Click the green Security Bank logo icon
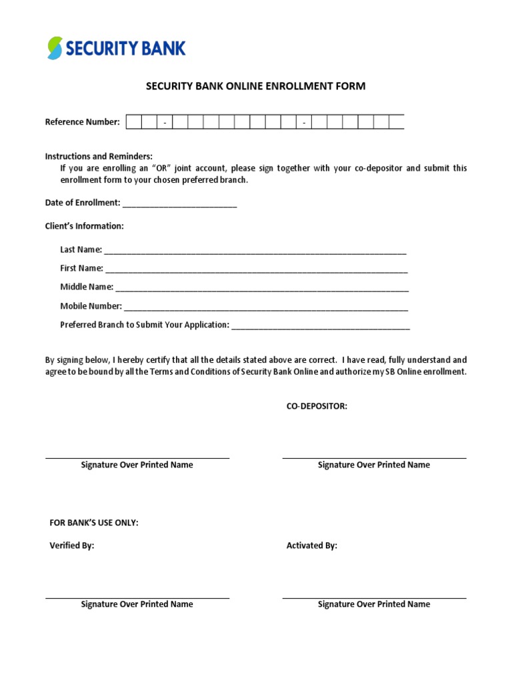pyautogui.click(x=55, y=48)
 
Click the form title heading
pyautogui.click(x=256, y=86)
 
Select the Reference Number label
pyautogui.click(x=82, y=122)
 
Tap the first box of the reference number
pyautogui.click(x=133, y=122)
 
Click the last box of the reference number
pyautogui.click(x=397, y=122)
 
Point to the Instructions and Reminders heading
pyautogui.click(x=99, y=156)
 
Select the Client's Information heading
pyautogui.click(x=84, y=226)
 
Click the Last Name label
pyautogui.click(x=81, y=249)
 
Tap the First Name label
pyautogui.click(x=81, y=268)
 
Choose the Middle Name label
pyautogui.click(x=87, y=287)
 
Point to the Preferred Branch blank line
pyautogui.click(x=320, y=326)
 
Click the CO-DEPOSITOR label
pyautogui.click(x=317, y=406)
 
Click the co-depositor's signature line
pyautogui.click(x=374, y=458)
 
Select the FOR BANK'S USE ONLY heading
pyautogui.click(x=94, y=523)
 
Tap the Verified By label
pyautogui.click(x=72, y=546)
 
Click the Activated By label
pyautogui.click(x=311, y=546)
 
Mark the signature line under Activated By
pyautogui.click(x=374, y=598)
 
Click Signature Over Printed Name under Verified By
pyautogui.click(x=137, y=604)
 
